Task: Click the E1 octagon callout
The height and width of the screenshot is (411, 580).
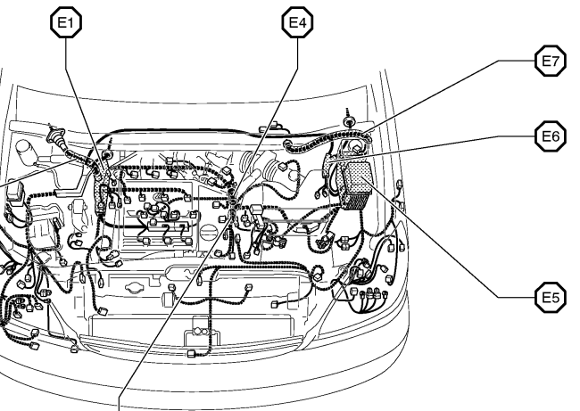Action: point(62,24)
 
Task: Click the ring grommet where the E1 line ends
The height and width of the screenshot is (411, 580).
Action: point(107,157)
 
